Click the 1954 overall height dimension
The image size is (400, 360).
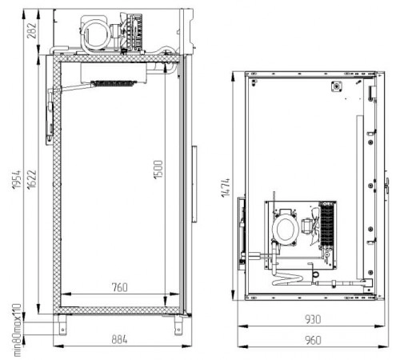[x=17, y=179]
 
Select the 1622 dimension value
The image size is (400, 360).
[x=32, y=179]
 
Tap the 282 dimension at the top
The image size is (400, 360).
[x=32, y=30]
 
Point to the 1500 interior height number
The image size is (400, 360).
[x=158, y=170]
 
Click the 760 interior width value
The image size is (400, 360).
[x=120, y=287]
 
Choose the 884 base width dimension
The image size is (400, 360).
[x=119, y=339]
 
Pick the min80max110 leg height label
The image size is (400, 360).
[x=17, y=330]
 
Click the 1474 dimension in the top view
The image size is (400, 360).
[x=226, y=188]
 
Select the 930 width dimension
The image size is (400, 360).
[x=313, y=319]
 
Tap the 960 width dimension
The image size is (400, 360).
[x=313, y=340]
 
